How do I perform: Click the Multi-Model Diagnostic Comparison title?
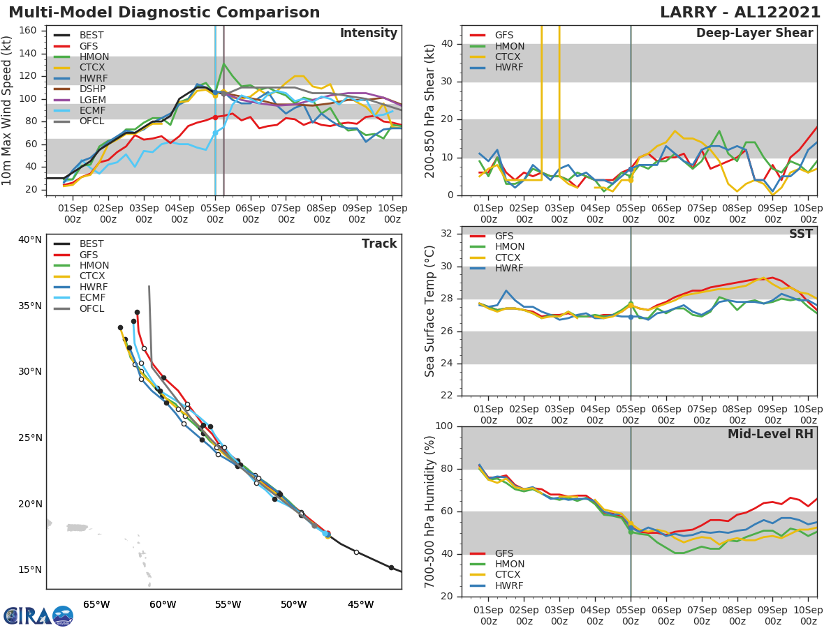pyautogui.click(x=164, y=13)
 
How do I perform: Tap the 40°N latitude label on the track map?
pyautogui.click(x=29, y=239)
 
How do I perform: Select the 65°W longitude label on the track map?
pyautogui.click(x=96, y=604)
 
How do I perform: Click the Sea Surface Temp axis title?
pyautogui.click(x=430, y=311)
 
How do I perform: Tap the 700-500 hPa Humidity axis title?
pyautogui.click(x=430, y=511)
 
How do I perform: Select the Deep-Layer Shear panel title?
pyautogui.click(x=754, y=33)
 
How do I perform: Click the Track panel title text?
pyautogui.click(x=378, y=244)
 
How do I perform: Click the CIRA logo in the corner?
pyautogui.click(x=38, y=615)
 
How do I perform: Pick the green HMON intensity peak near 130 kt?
pyautogui.click(x=223, y=64)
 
